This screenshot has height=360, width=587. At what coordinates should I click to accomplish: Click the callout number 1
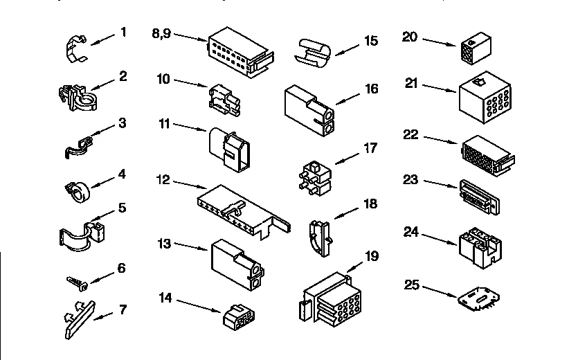(x=123, y=31)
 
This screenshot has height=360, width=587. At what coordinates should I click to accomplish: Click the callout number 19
(x=372, y=256)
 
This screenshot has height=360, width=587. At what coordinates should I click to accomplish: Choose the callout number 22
(x=410, y=134)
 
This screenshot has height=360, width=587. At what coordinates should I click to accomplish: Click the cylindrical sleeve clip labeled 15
(x=314, y=53)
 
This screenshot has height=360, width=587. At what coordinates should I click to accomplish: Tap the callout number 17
(x=370, y=147)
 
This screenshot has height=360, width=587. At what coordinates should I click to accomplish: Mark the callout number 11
(x=164, y=124)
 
